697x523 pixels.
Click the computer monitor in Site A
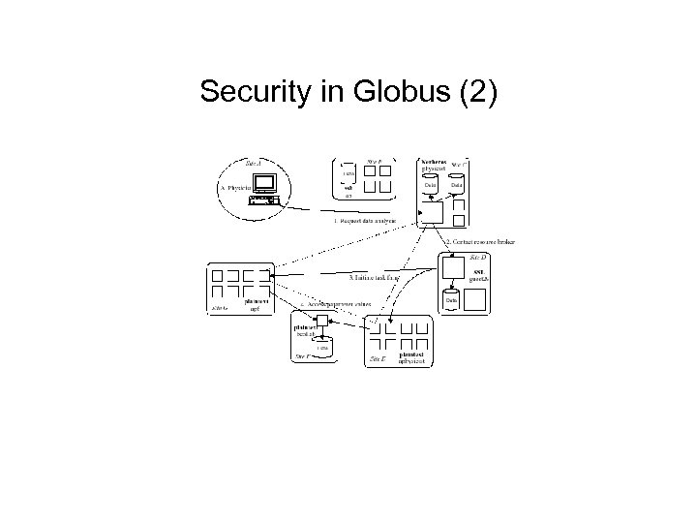tap(263, 181)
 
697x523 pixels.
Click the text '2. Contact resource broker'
tap(481, 241)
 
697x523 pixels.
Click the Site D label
tap(478, 258)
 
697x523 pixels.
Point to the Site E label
tap(379, 358)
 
